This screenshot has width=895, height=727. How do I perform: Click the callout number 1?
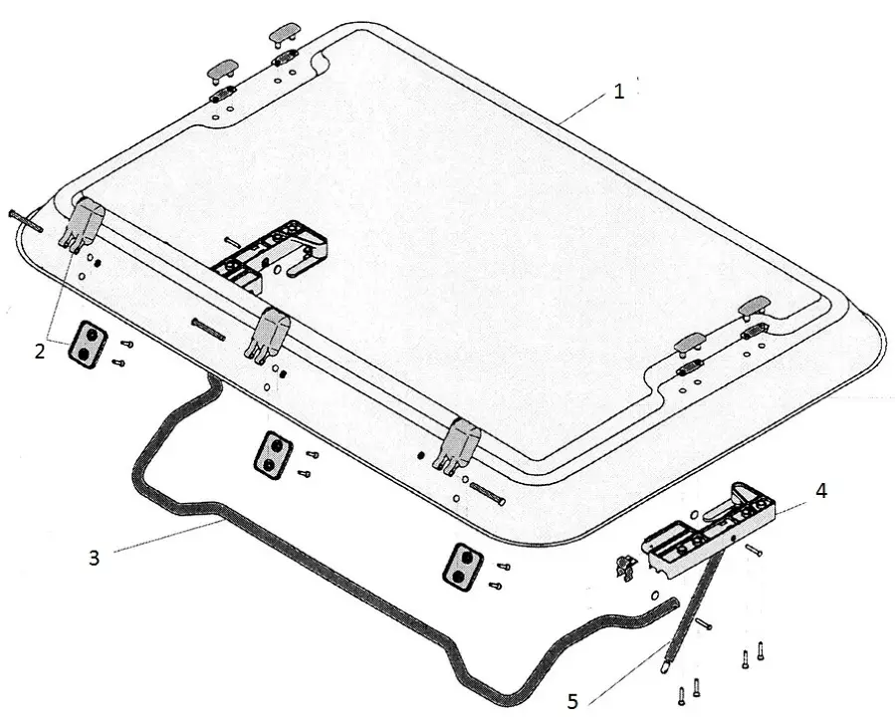click(x=619, y=92)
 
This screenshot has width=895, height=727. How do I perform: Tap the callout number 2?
click(x=40, y=352)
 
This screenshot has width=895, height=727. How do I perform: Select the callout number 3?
click(x=95, y=558)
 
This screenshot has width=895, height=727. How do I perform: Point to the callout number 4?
click(x=820, y=491)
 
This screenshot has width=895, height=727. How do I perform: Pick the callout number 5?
click(x=573, y=701)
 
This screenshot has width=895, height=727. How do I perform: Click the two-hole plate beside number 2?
click(x=88, y=345)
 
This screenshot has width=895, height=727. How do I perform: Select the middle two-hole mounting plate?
click(x=273, y=455)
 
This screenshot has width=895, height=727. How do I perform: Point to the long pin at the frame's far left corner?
click(x=26, y=221)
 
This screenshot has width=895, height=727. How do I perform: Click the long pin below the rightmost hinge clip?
click(x=489, y=493)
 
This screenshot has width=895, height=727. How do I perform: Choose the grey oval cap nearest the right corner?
click(x=754, y=306)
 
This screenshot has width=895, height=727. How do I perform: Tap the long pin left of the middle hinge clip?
click(x=209, y=330)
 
